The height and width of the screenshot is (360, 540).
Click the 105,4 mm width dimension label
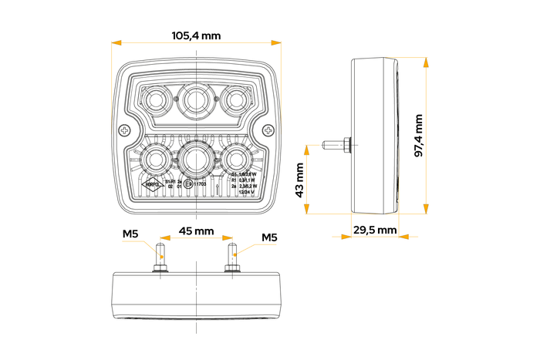pyautogui.click(x=196, y=35)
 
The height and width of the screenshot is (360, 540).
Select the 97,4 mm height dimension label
pyautogui.click(x=419, y=136)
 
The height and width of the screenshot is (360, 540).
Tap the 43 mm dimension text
pyautogui.click(x=299, y=180)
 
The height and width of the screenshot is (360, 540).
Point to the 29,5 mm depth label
pyautogui.click(x=375, y=230)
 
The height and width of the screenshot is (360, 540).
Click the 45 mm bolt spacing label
pyautogui.click(x=196, y=231)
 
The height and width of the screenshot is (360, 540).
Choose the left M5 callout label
pyautogui.click(x=131, y=235)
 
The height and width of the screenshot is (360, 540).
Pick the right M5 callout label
pyautogui.click(x=268, y=237)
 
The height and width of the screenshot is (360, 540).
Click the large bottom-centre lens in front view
pyautogui.click(x=197, y=160)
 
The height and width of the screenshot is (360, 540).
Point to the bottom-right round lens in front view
pyautogui.click(x=235, y=160)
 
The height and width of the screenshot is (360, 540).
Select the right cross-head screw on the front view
pyautogui.click(x=268, y=131)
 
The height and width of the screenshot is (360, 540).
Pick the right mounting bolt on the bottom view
pyautogui.click(x=231, y=257)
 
